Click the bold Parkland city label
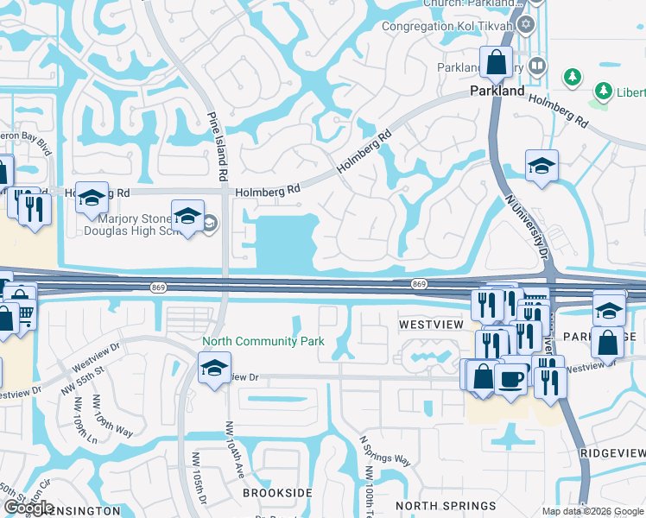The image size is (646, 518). pyautogui.click(x=497, y=91)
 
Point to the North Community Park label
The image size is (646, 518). pyautogui.click(x=263, y=341)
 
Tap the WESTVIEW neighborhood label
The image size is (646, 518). pyautogui.click(x=432, y=324)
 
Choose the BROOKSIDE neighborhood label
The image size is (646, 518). pyautogui.click(x=276, y=492)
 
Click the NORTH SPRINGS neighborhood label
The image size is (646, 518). pyautogui.click(x=436, y=505)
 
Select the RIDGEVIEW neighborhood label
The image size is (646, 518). pyautogui.click(x=613, y=453)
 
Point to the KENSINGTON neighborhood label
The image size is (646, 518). pyautogui.click(x=82, y=511)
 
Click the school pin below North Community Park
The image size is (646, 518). pyautogui.click(x=214, y=368)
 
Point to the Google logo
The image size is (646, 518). pyautogui.click(x=28, y=508)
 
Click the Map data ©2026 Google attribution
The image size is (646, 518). pyautogui.click(x=592, y=511)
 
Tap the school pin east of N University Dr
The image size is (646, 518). pyautogui.click(x=541, y=167)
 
